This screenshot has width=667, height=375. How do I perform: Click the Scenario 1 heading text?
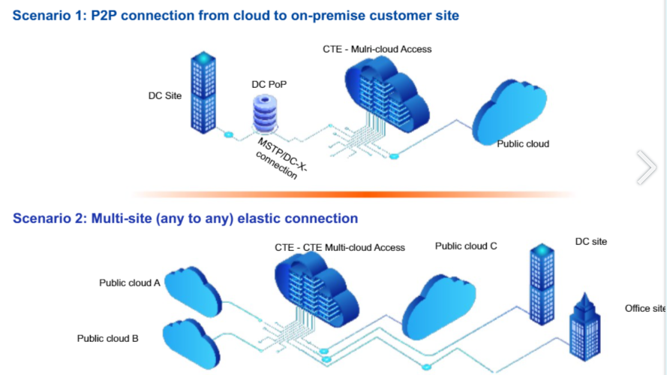236,15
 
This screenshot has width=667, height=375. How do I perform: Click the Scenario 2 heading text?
185,219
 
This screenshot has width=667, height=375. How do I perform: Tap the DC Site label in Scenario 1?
165,96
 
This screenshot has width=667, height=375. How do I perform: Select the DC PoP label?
269,85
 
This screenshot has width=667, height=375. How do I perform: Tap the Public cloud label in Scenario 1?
523,144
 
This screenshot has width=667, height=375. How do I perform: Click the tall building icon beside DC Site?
203,92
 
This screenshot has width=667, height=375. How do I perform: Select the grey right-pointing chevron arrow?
646,167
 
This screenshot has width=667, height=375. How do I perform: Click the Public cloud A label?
130,283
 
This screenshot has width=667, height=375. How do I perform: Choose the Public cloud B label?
107,338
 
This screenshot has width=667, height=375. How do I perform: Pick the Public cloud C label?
466,246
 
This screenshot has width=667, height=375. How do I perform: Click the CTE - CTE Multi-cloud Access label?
339,247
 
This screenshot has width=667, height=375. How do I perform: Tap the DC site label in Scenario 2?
590,242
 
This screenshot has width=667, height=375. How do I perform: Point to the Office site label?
644,309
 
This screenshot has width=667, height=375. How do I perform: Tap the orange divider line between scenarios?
353,194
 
